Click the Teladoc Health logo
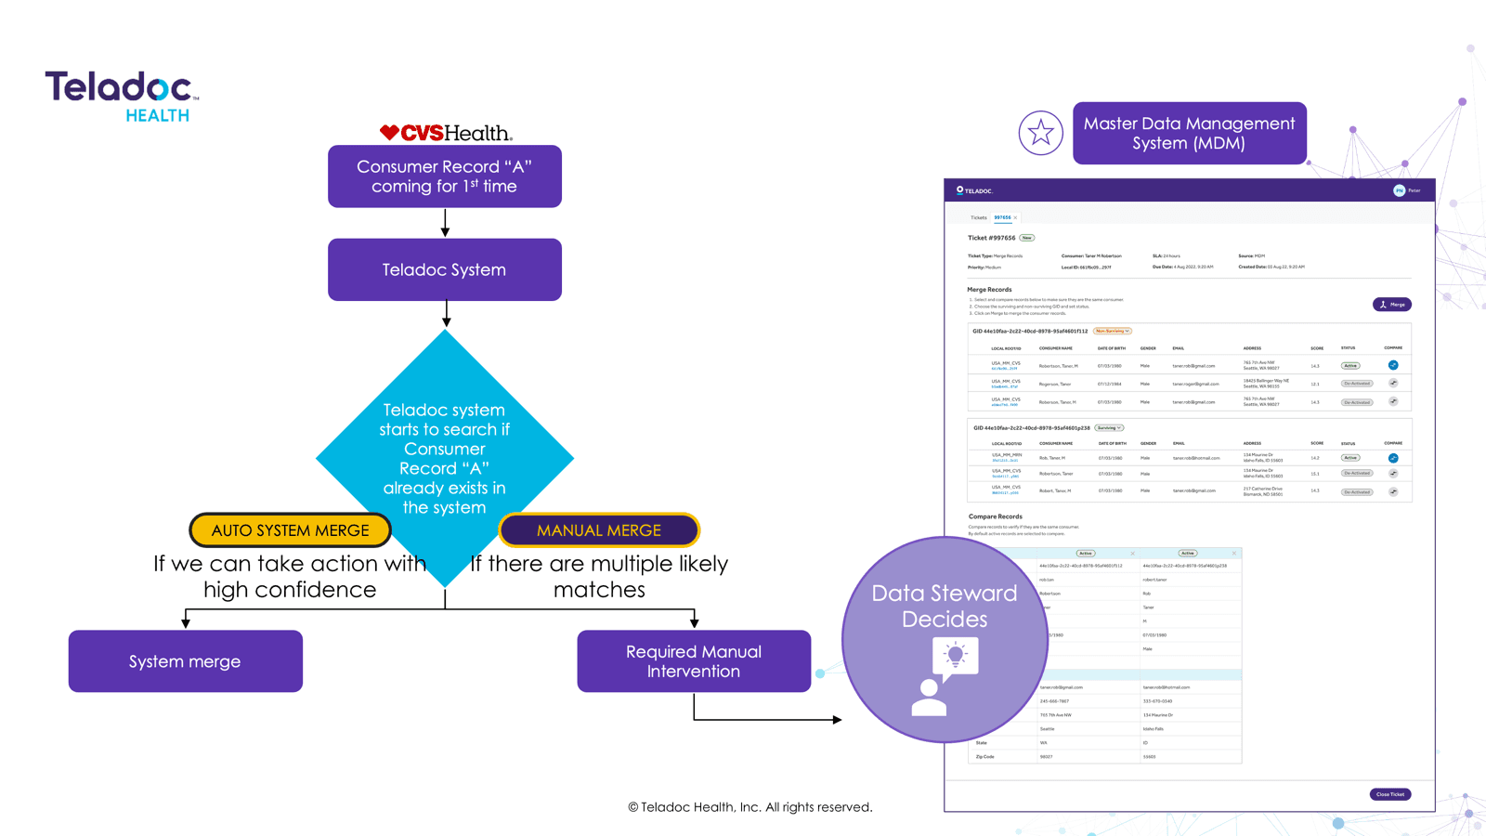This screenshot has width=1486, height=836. pos(122,95)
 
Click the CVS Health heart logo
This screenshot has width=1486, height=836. pos(389,133)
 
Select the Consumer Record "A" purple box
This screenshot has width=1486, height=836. pos(444,176)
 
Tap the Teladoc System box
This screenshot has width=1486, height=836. pos(444,269)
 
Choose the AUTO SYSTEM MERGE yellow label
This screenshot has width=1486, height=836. pos(290,530)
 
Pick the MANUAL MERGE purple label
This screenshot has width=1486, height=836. pos(599,530)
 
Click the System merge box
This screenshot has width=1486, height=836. pos(185,661)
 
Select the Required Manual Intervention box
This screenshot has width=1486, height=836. pos(694,661)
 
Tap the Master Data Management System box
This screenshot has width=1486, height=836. pos(1189,133)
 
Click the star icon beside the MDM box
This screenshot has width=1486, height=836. pos(1040,133)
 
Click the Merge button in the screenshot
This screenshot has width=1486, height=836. pos(1391,305)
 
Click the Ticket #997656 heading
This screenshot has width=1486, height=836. pos(991,238)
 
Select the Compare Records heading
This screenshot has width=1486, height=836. pos(995,516)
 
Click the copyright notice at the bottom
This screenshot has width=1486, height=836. pos(750,807)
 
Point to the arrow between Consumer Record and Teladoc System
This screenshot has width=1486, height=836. pos(445,223)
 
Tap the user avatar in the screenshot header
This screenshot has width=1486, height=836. pos(1399,190)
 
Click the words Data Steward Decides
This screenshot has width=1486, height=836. pos(944,606)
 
